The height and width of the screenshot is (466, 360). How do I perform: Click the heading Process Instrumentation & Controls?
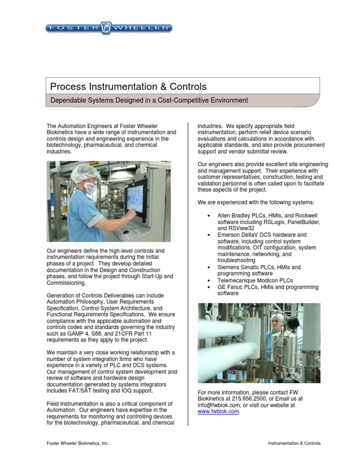[x=128, y=87]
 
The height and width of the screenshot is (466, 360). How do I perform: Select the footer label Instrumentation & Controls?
[x=293, y=443]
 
